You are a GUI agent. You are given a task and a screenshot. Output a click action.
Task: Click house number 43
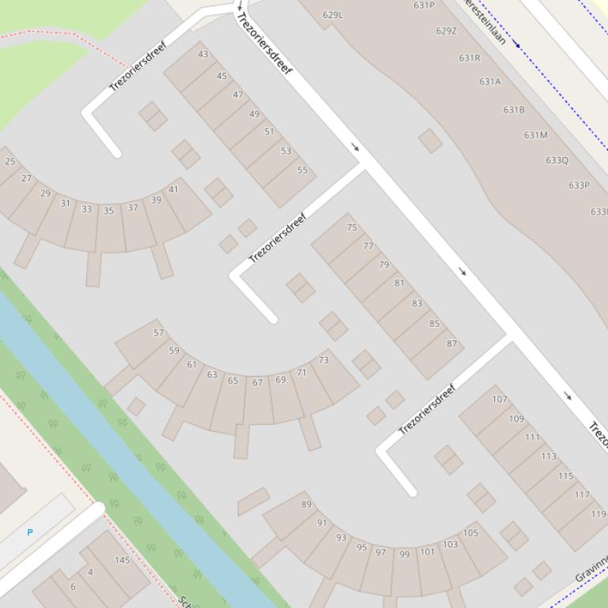click(203, 54)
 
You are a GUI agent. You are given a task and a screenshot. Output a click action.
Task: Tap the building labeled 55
click(302, 170)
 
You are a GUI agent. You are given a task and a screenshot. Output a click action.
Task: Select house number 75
click(352, 227)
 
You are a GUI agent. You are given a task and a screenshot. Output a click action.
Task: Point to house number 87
click(451, 343)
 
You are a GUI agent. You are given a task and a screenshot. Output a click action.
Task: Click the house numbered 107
click(500, 400)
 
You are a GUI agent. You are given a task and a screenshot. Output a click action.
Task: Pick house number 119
click(599, 514)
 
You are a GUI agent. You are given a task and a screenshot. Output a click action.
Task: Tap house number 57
click(159, 333)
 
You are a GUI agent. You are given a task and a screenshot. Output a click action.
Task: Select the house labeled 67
click(258, 382)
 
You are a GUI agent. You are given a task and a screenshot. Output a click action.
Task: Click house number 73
click(323, 360)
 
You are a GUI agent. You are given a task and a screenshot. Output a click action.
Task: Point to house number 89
click(306, 505)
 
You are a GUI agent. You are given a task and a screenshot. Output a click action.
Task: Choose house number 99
click(404, 554)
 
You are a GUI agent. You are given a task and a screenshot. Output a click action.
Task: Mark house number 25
click(10, 161)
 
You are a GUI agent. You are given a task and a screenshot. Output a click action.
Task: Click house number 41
click(174, 190)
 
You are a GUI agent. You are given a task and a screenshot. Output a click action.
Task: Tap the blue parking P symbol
click(30, 532)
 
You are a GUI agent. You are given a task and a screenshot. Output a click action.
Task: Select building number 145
click(122, 561)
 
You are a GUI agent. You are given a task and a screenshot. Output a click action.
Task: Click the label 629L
click(333, 15)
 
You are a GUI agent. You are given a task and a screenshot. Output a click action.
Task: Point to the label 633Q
click(557, 160)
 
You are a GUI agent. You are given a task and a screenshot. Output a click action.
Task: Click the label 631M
click(535, 135)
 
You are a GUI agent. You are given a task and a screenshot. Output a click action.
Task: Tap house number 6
click(73, 587)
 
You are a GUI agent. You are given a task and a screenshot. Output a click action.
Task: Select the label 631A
click(489, 81)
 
